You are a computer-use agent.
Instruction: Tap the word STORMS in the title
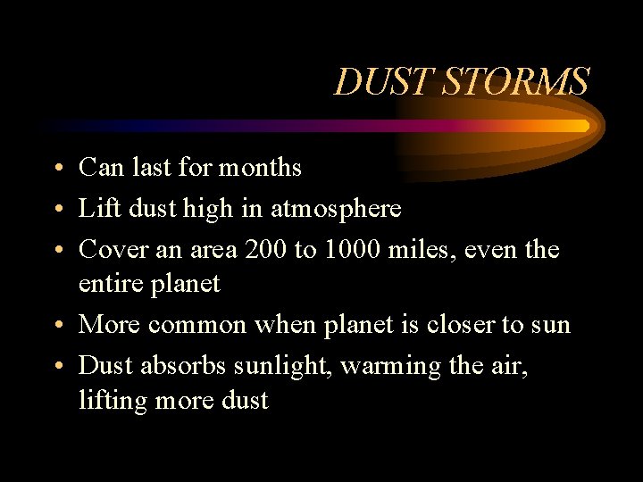pos(515,82)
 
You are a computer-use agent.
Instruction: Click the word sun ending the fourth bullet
pos(550,326)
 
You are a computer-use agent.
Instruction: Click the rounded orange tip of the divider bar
pos(584,126)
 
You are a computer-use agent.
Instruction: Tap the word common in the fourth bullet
pos(196,325)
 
